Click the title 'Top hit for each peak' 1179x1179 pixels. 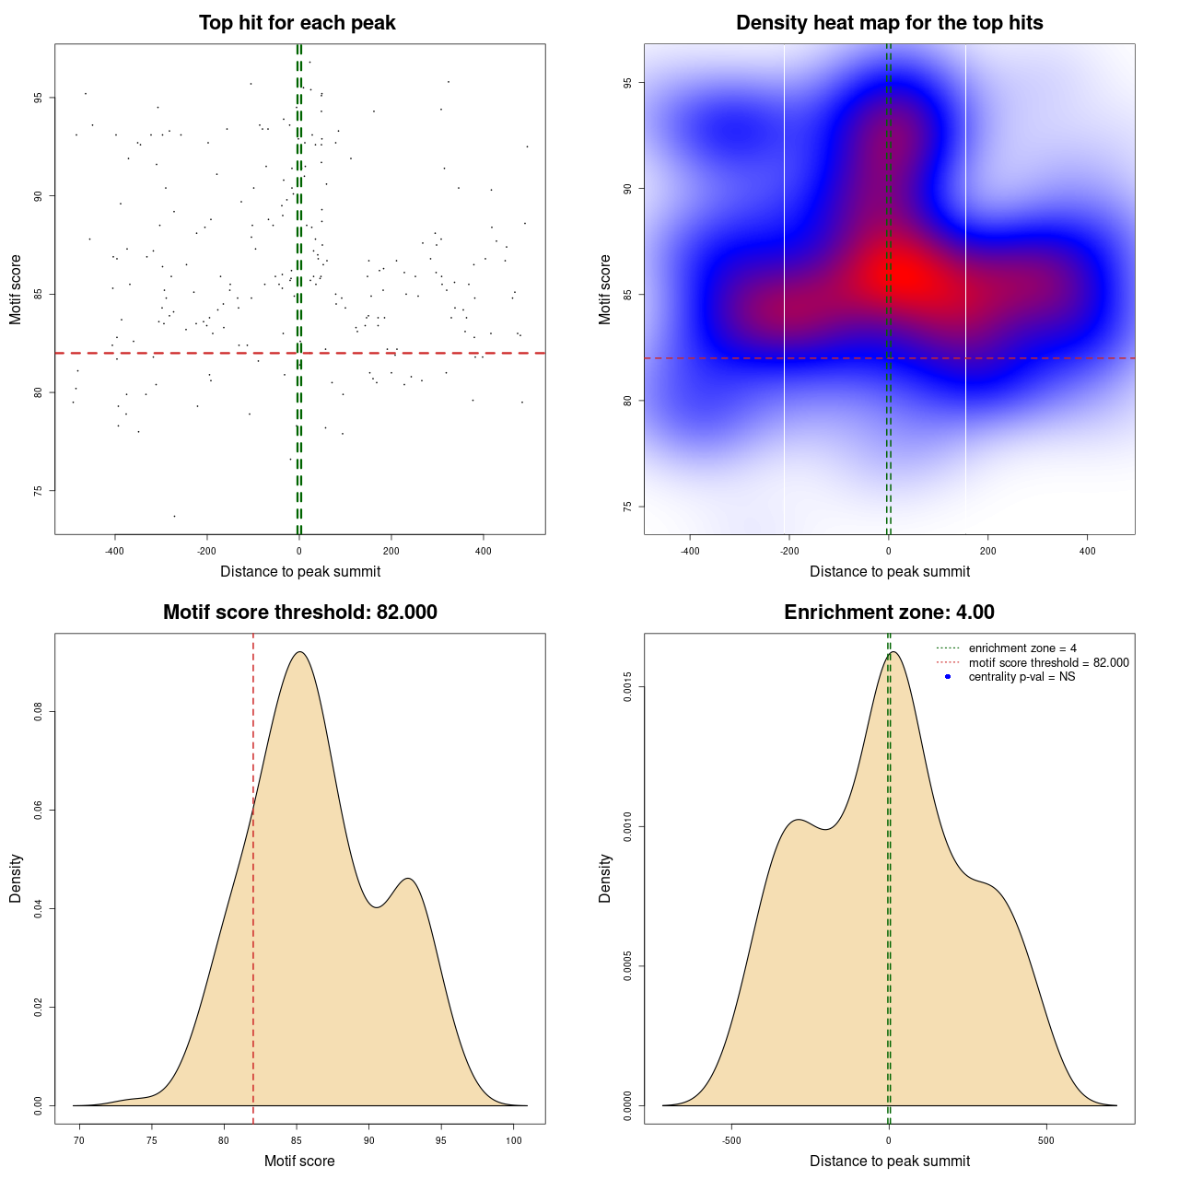pyautogui.click(x=297, y=23)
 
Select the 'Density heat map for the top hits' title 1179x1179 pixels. pyautogui.click(x=889, y=23)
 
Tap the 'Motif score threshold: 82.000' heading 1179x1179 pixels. pyautogui.click(x=299, y=613)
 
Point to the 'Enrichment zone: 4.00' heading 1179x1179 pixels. pyautogui.click(x=889, y=613)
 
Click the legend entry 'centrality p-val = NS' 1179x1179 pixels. pyautogui.click(x=1021, y=677)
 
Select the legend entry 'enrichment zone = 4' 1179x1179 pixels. pyautogui.click(x=1022, y=648)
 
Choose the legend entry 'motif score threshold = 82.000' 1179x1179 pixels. pyautogui.click(x=1048, y=663)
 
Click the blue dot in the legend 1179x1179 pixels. pyautogui.click(x=948, y=677)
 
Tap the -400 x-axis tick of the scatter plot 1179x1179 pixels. pyautogui.click(x=114, y=552)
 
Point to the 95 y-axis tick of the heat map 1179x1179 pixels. pyautogui.click(x=627, y=83)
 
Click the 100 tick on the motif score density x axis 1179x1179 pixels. pyautogui.click(x=514, y=1141)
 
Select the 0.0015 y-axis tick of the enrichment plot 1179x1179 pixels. pyautogui.click(x=627, y=687)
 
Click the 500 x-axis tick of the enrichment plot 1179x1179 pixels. pyautogui.click(x=1045, y=1141)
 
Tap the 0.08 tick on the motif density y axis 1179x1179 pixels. pyautogui.click(x=38, y=712)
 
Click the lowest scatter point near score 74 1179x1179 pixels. pyautogui.click(x=174, y=516)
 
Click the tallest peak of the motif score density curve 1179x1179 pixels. pyautogui.click(x=298, y=652)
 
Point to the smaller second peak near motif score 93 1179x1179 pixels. pyautogui.click(x=408, y=879)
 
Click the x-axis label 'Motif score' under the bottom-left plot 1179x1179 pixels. pyautogui.click(x=299, y=1161)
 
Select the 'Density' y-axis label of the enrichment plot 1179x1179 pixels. pyautogui.click(x=605, y=878)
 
